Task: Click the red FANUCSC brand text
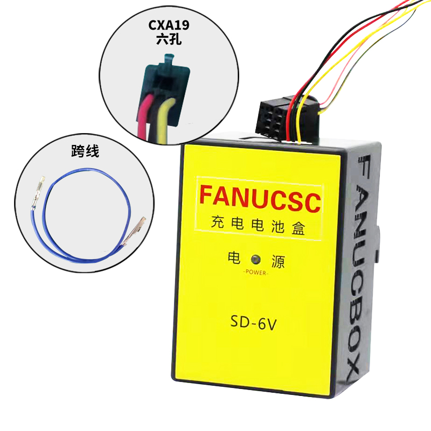point(260,200)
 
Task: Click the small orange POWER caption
point(256,273)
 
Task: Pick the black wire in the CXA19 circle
point(158,119)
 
